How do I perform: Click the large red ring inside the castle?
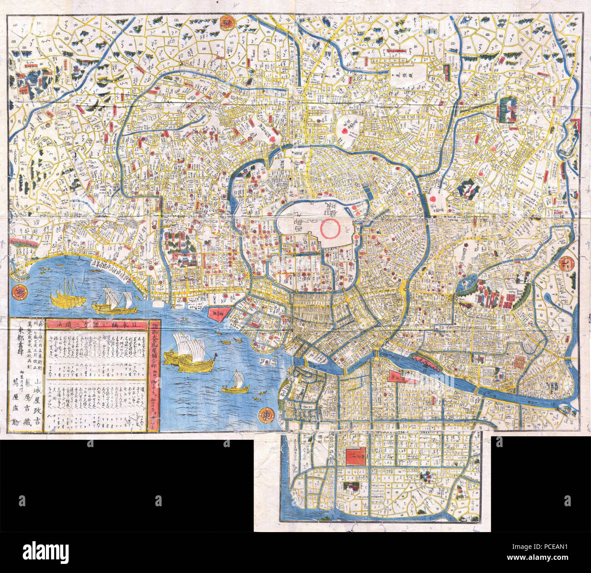(330, 228)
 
